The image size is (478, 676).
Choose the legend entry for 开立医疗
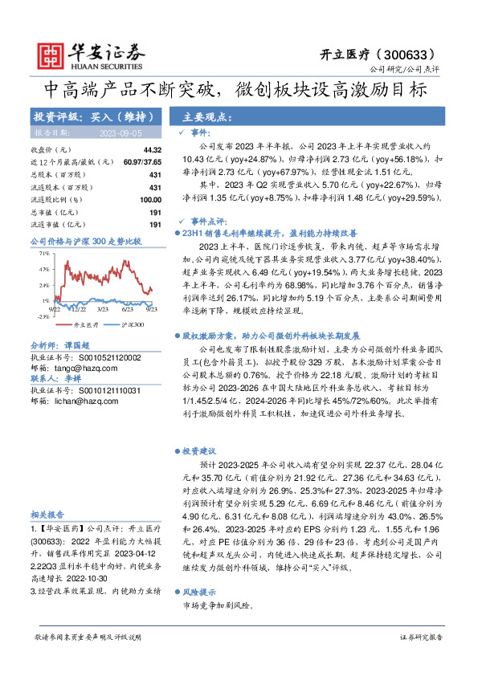tap(86, 325)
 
